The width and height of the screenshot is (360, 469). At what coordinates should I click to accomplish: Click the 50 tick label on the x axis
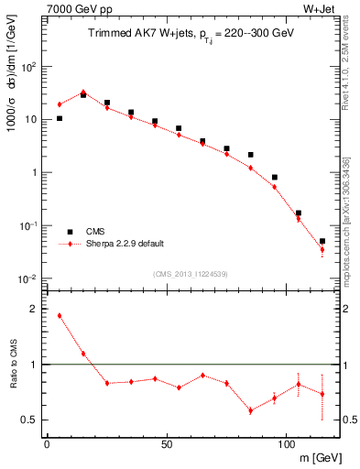166,444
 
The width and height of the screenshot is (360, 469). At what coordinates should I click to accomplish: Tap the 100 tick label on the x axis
286,444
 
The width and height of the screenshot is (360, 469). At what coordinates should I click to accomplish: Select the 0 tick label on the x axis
47,444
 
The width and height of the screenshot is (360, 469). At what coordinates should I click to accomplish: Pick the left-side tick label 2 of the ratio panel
34,310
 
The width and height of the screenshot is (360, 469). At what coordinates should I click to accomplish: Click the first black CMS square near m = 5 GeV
60,118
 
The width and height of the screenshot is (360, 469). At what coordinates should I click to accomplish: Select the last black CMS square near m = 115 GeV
322,241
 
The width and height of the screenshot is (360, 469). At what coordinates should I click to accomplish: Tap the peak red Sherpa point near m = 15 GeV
83,93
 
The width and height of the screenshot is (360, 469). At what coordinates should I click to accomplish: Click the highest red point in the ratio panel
60,316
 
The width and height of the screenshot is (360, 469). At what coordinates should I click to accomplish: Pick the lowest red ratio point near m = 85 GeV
250,410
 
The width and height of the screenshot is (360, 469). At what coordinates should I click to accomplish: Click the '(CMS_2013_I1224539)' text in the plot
190,273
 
